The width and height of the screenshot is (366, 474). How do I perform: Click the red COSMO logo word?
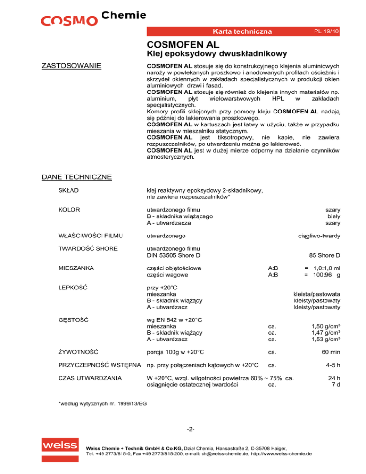pyautogui.click(x=69, y=21)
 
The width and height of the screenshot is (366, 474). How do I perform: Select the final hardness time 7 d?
pyautogui.click(x=336, y=385)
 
